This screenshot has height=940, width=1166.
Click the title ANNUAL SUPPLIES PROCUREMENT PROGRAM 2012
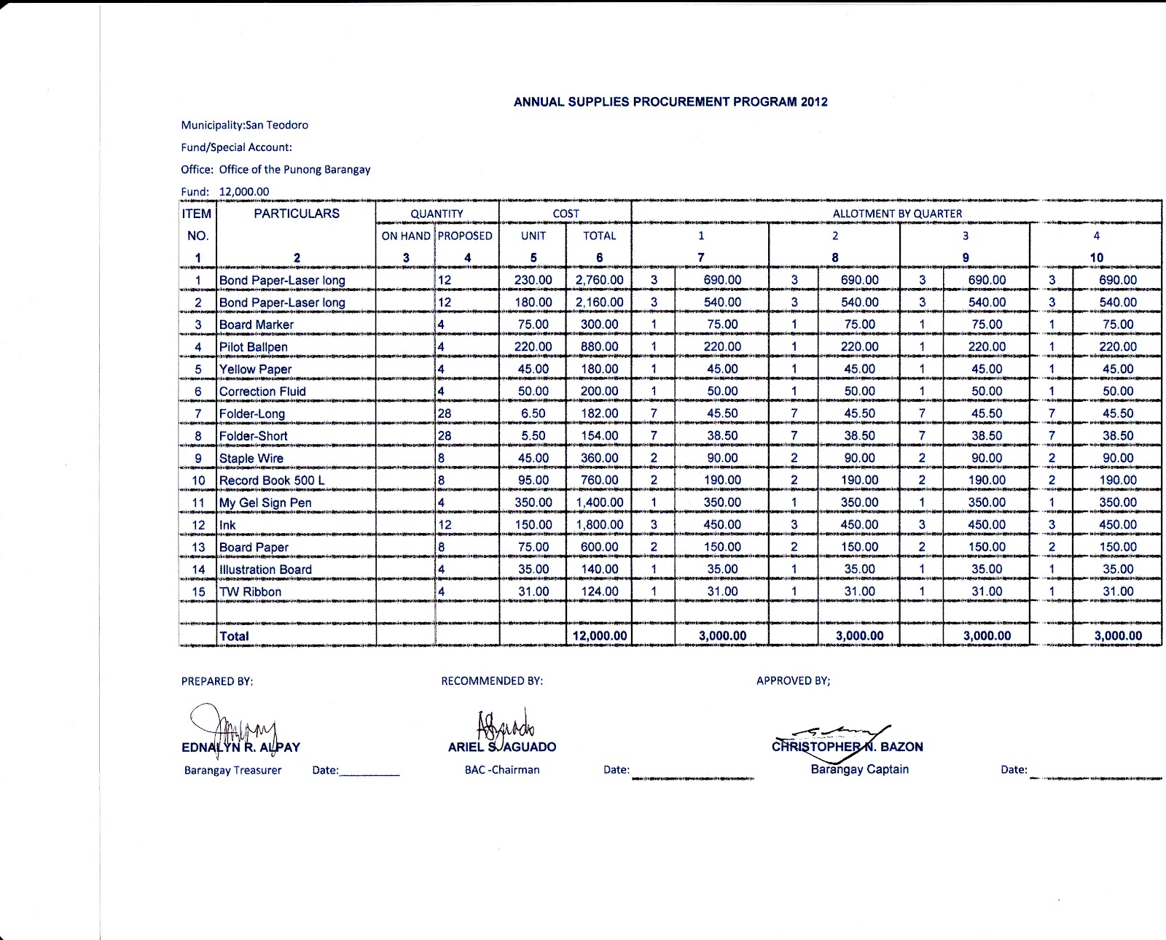(670, 102)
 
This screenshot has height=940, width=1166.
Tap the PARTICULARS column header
(297, 214)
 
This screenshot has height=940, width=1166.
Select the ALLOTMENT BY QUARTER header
(897, 214)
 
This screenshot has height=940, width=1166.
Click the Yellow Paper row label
(255, 370)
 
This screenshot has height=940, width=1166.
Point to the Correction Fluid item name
(262, 392)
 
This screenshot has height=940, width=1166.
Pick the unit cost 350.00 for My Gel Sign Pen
(533, 502)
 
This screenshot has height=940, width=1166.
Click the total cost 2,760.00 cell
(599, 280)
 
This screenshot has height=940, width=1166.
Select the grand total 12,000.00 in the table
(599, 636)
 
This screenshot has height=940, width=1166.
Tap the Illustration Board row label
(265, 570)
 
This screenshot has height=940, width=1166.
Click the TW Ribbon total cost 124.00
(599, 591)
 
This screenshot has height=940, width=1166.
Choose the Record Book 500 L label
(272, 481)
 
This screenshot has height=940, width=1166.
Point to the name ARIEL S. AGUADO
(502, 747)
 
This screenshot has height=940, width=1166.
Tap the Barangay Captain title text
(859, 769)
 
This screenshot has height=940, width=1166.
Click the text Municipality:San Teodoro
(245, 125)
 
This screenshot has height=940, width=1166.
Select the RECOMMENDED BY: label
(492, 681)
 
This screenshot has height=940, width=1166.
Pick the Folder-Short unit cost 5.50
(533, 436)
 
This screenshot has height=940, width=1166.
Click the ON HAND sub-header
(406, 236)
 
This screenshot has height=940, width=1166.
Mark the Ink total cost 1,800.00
(599, 525)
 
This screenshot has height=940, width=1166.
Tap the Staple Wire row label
(251, 459)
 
